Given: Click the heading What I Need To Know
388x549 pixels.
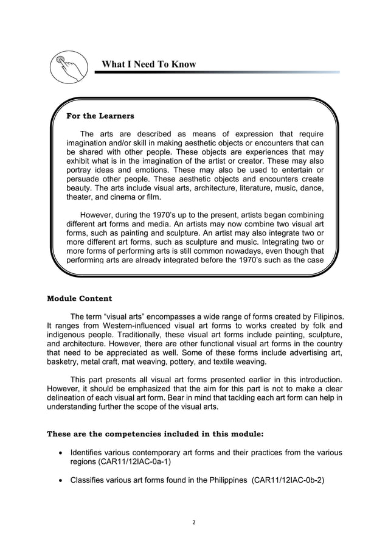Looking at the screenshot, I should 148,64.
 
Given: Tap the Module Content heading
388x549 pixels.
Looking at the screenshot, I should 79,298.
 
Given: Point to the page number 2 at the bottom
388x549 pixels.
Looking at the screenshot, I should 194,520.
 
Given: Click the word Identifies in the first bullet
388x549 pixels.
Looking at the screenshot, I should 88,452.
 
